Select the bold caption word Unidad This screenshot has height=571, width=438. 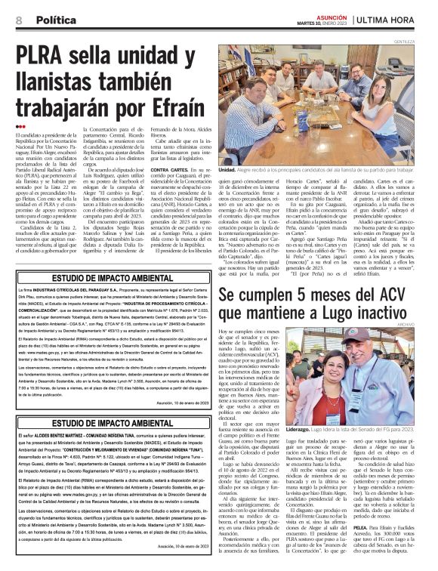(x=227, y=171)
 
